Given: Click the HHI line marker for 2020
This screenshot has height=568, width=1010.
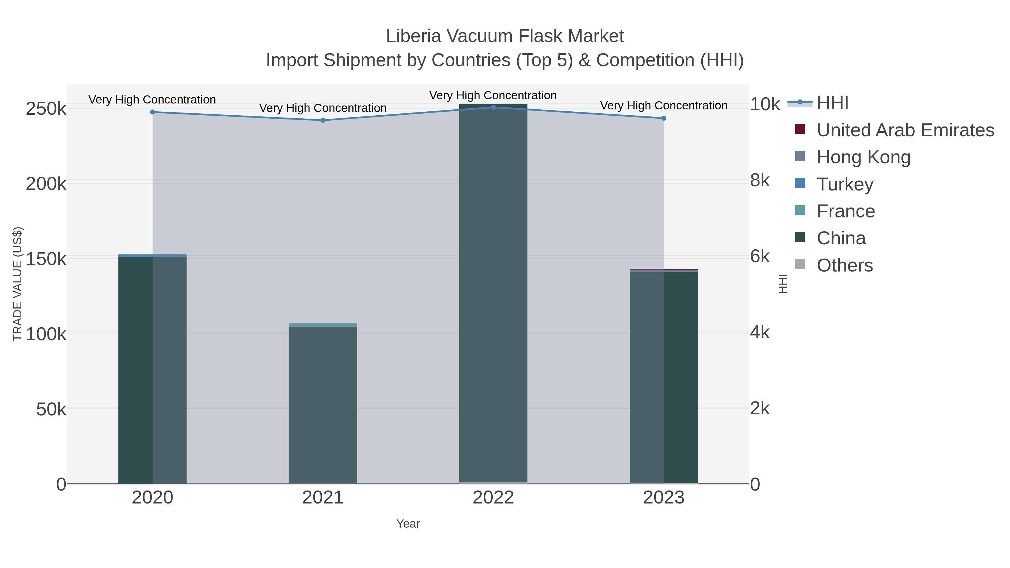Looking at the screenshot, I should [x=153, y=112].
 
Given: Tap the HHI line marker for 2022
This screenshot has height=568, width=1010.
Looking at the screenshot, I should [x=493, y=107].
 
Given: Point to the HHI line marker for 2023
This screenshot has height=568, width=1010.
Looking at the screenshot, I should [x=664, y=118].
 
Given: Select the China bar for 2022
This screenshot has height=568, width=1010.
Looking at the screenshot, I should [x=493, y=294].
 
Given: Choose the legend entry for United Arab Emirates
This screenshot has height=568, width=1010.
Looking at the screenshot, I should [x=905, y=130].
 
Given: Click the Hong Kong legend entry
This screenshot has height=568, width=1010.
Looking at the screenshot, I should [x=863, y=157].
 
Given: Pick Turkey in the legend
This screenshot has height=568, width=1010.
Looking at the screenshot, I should [x=845, y=184].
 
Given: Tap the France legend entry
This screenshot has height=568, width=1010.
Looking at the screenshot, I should [x=846, y=211].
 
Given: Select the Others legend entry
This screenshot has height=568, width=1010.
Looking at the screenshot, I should [x=844, y=265].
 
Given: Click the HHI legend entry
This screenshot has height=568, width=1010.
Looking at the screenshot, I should [x=832, y=103].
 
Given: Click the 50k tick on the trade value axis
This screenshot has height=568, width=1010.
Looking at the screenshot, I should [x=51, y=410].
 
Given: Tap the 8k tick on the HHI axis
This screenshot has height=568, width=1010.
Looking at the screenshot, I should [x=760, y=181].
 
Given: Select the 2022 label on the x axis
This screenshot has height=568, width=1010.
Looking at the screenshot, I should [x=493, y=498].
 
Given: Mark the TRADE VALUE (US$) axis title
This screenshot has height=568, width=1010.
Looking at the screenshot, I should [x=18, y=284].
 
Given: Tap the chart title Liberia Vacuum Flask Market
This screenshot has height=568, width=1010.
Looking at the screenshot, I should [x=505, y=36].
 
